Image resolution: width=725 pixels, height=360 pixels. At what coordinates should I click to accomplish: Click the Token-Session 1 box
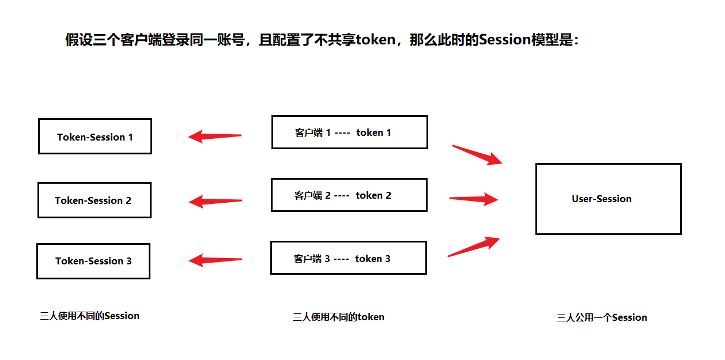95,137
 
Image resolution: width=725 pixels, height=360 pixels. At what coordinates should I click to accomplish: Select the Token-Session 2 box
95,200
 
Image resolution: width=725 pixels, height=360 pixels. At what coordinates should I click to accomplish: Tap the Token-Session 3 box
93,261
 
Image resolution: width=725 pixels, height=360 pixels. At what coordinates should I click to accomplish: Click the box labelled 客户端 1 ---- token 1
349,132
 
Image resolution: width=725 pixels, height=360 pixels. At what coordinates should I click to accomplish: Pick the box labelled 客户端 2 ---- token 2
349,195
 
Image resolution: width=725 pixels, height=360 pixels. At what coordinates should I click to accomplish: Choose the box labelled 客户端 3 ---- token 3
348,258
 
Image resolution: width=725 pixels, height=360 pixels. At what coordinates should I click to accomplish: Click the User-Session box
608,199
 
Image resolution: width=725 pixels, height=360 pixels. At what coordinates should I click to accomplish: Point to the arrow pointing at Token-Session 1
214,137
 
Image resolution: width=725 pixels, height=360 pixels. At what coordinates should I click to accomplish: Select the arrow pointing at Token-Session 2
215,201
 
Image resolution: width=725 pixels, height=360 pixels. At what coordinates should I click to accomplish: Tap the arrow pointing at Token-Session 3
215,260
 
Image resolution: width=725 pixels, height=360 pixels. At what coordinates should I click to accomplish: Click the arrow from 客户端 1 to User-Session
478,155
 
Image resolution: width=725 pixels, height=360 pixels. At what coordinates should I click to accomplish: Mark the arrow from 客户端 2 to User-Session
474,199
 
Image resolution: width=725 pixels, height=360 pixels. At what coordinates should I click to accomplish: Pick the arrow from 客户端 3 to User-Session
474,247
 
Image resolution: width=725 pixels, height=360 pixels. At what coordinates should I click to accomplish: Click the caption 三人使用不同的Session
89,316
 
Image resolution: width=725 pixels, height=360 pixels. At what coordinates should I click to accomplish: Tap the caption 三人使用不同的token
338,317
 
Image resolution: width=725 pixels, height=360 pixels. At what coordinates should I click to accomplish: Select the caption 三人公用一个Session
602,317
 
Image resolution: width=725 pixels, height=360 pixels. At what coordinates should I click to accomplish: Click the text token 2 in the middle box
373,195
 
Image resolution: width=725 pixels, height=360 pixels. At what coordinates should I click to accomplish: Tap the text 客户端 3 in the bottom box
311,259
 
